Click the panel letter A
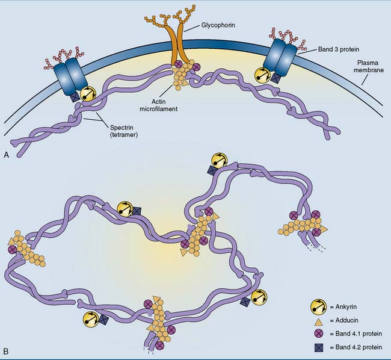(x=6, y=155)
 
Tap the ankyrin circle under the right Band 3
(x=263, y=73)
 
